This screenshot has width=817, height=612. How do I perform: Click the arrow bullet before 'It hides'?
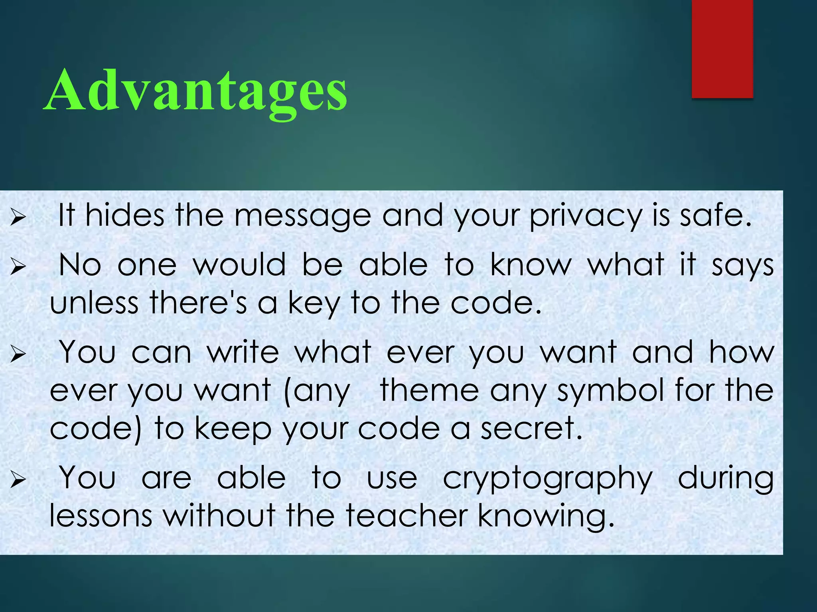coord(18,218)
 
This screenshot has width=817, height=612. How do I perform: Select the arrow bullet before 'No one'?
coord(18,266)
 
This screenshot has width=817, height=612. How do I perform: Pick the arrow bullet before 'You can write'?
coord(18,354)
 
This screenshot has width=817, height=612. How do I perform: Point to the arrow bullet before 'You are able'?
coord(18,479)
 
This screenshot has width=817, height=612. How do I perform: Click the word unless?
coord(94,303)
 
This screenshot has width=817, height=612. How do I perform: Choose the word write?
coord(243,352)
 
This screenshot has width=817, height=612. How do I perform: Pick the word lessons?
coord(101,516)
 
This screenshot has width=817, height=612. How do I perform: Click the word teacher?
coord(407,516)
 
